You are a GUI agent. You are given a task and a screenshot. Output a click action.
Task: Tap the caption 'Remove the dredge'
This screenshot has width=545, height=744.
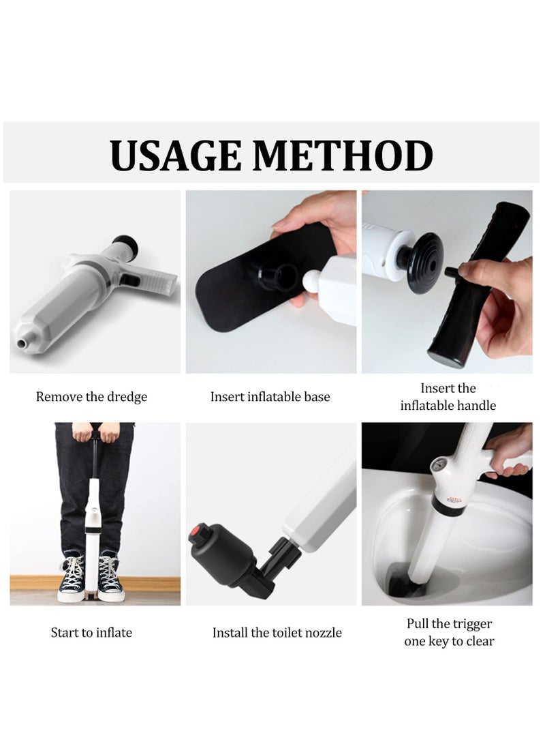[x=91, y=396]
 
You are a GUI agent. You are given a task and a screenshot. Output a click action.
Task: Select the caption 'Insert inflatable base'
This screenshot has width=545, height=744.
[x=270, y=396]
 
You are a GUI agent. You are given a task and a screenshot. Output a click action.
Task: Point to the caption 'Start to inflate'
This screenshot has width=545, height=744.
[x=91, y=632]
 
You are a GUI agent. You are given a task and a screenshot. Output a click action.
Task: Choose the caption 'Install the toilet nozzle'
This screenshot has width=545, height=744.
[x=277, y=632]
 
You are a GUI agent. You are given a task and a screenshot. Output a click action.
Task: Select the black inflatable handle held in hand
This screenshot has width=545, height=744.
[x=477, y=286]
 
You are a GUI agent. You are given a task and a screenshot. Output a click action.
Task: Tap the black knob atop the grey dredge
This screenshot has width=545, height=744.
[x=125, y=243]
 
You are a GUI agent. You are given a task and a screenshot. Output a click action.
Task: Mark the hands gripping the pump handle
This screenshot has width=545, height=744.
[x=91, y=434]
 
